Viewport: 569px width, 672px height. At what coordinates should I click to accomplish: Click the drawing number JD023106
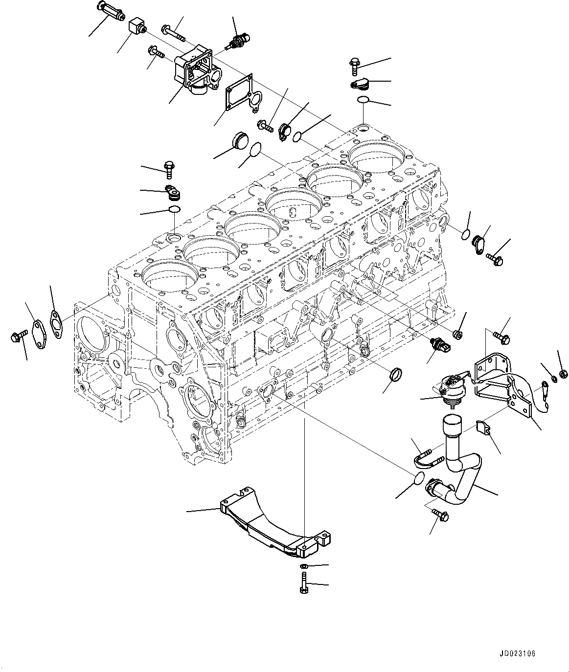click(x=518, y=653)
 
